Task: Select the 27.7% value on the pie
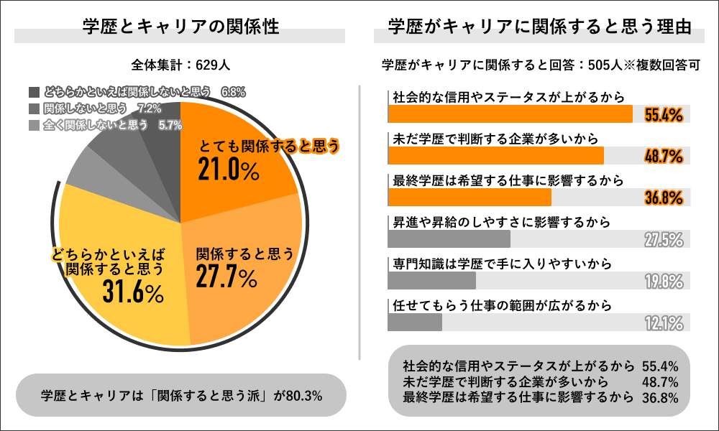click(225, 276)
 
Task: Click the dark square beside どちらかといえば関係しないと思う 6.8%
click(35, 92)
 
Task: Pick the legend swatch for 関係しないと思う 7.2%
click(35, 108)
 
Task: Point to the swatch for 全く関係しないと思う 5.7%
click(35, 125)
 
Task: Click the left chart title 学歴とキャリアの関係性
click(180, 27)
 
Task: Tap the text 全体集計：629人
click(180, 65)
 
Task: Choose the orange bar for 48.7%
click(495, 156)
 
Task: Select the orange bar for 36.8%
click(469, 198)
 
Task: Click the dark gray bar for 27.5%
click(449, 239)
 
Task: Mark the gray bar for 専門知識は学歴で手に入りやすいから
click(431, 281)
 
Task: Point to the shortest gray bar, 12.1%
click(415, 323)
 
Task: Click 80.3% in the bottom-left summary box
click(303, 394)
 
